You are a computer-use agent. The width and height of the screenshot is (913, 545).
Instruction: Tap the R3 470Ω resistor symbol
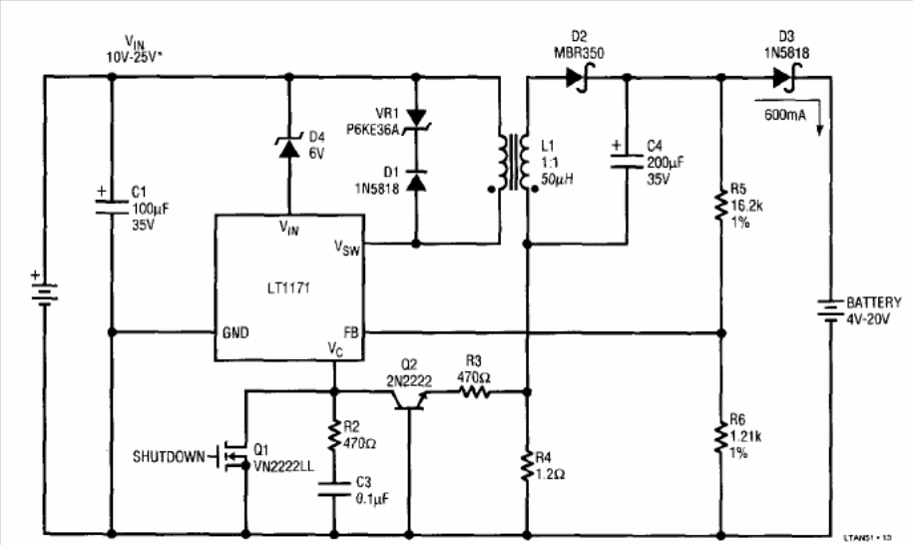click(x=474, y=392)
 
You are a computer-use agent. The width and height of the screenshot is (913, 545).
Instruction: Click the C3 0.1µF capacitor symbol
click(x=334, y=488)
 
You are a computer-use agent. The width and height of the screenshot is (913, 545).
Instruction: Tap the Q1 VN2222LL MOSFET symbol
click(x=236, y=458)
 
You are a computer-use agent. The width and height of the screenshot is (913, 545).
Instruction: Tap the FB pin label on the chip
click(x=350, y=331)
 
